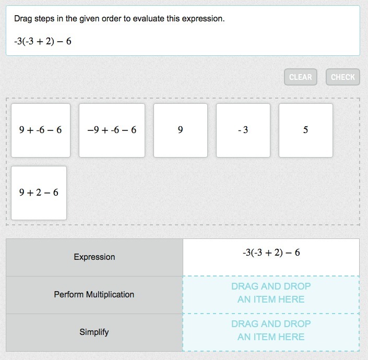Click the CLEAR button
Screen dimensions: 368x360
tap(301, 77)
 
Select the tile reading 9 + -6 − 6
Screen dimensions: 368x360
tap(41, 130)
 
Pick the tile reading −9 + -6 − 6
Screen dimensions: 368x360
tap(112, 130)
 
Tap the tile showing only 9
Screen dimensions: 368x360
tap(181, 130)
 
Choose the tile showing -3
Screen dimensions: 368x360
tap(243, 130)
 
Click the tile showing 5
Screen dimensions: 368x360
tap(306, 130)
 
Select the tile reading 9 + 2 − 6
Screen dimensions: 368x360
tap(39, 193)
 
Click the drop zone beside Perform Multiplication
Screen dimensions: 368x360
tap(271, 295)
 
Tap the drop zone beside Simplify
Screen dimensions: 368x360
tap(271, 332)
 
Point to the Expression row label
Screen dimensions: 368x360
tap(94, 257)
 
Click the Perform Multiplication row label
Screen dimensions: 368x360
tap(94, 295)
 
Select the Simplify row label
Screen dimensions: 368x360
tap(94, 332)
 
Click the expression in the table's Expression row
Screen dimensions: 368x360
tap(271, 253)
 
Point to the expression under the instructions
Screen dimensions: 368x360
tap(43, 41)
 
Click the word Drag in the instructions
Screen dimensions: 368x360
tap(23, 19)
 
